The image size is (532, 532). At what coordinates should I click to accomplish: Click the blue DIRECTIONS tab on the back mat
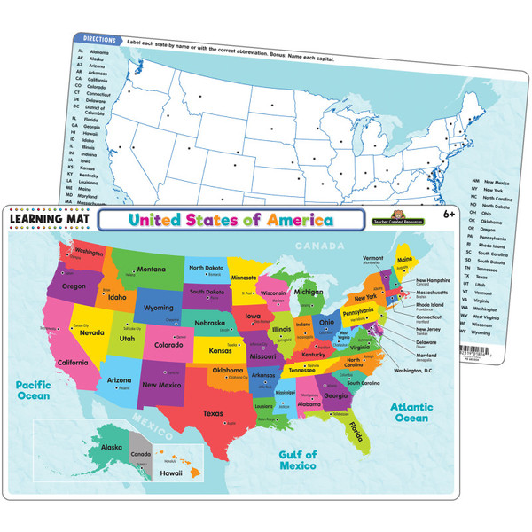click(x=95, y=39)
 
